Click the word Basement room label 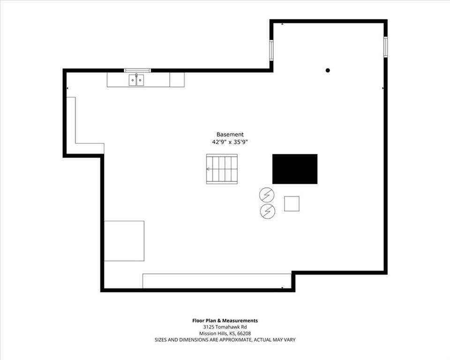(230, 135)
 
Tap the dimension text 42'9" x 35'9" (230, 142)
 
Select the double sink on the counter (136, 80)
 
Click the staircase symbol (222, 169)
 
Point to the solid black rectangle (295, 169)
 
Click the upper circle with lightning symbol (267, 195)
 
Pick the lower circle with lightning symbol (268, 211)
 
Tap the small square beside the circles (292, 203)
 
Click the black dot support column (328, 70)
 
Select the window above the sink (137, 70)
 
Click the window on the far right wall (386, 46)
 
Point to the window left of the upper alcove (271, 51)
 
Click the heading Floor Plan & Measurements (225, 321)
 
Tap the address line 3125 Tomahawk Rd (225, 327)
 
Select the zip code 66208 (245, 334)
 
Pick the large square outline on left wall (124, 241)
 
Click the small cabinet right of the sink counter (177, 80)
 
